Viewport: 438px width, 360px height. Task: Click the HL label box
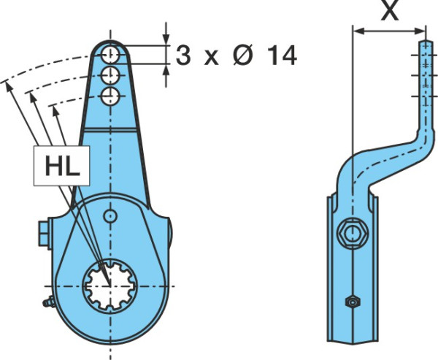61,166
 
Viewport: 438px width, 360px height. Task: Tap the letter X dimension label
390,11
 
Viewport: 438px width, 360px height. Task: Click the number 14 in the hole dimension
282,55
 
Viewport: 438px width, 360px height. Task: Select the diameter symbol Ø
243,55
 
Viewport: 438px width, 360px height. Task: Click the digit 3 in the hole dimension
183,55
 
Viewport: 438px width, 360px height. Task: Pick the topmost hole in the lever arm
110,55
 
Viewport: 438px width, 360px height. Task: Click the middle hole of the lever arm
110,75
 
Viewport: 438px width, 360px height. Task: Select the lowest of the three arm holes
110,96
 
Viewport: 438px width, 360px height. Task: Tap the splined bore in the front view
111,286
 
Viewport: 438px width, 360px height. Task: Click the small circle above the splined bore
110,215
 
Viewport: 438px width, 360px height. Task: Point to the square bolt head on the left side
44,234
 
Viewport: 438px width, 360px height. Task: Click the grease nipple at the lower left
49,302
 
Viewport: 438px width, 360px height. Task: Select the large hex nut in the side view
353,233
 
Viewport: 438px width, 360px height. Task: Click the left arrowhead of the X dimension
359,31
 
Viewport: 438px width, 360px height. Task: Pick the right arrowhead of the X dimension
420,31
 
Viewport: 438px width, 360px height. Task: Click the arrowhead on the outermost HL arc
9,87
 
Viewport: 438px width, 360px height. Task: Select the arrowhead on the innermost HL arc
56,111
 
